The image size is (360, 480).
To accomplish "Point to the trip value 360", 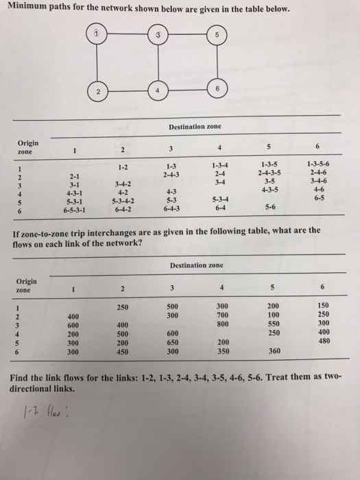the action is (x=273, y=350).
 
